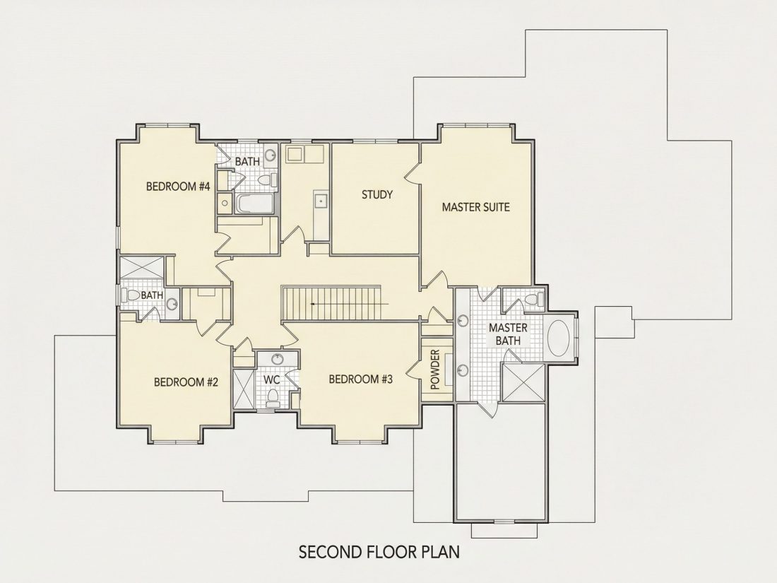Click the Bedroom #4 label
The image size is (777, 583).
point(179,187)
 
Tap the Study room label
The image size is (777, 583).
point(377,195)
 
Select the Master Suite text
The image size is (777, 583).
point(475,207)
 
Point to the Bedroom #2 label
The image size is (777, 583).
point(186,382)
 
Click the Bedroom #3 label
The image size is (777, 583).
point(361,379)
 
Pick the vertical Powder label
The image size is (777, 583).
point(435,370)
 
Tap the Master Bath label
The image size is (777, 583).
point(508,334)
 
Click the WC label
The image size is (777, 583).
point(272,380)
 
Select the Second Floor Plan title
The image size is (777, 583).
point(379,552)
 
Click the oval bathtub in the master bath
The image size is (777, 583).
point(559,338)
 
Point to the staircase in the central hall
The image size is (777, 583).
point(331,303)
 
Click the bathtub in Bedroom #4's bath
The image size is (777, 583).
point(254,204)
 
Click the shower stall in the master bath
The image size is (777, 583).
point(523,382)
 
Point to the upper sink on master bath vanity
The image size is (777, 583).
point(463,321)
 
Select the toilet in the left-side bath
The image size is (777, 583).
point(132,295)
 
